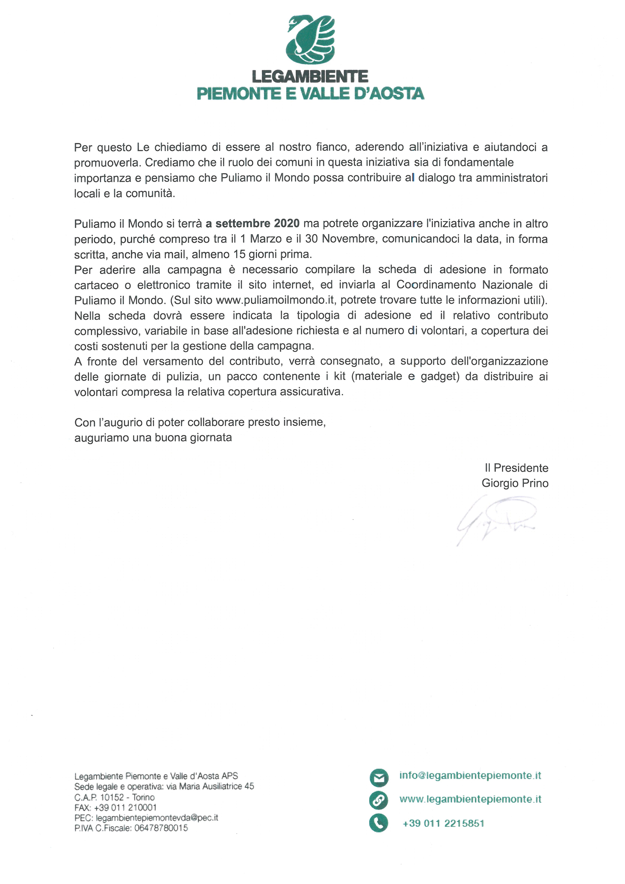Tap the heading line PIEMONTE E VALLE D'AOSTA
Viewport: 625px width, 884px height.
[310, 94]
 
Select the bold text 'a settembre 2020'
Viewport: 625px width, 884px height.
[253, 223]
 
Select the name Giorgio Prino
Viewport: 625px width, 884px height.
[515, 483]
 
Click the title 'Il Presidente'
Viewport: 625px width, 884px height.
[516, 468]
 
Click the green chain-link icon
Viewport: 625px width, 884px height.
[379, 800]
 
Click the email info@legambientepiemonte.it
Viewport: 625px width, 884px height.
[470, 776]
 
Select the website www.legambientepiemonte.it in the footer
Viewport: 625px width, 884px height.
[470, 799]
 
